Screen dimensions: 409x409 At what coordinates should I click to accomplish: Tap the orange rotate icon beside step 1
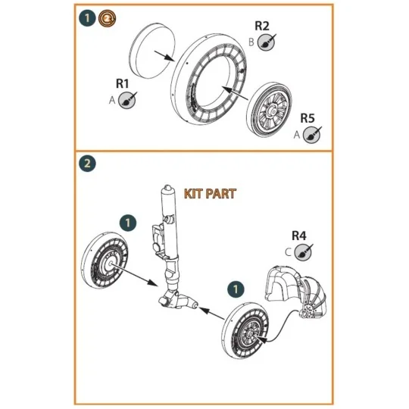[103, 17]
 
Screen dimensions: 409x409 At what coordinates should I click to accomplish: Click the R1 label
[123, 83]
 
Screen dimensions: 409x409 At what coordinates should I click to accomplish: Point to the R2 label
[262, 26]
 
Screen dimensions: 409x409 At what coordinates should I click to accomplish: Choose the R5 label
[307, 118]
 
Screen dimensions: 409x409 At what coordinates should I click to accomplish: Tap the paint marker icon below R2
[265, 44]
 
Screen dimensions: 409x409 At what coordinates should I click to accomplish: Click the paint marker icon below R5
[311, 135]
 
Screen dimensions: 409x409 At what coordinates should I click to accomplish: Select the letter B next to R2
[251, 42]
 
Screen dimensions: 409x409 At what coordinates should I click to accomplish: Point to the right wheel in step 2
[248, 330]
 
